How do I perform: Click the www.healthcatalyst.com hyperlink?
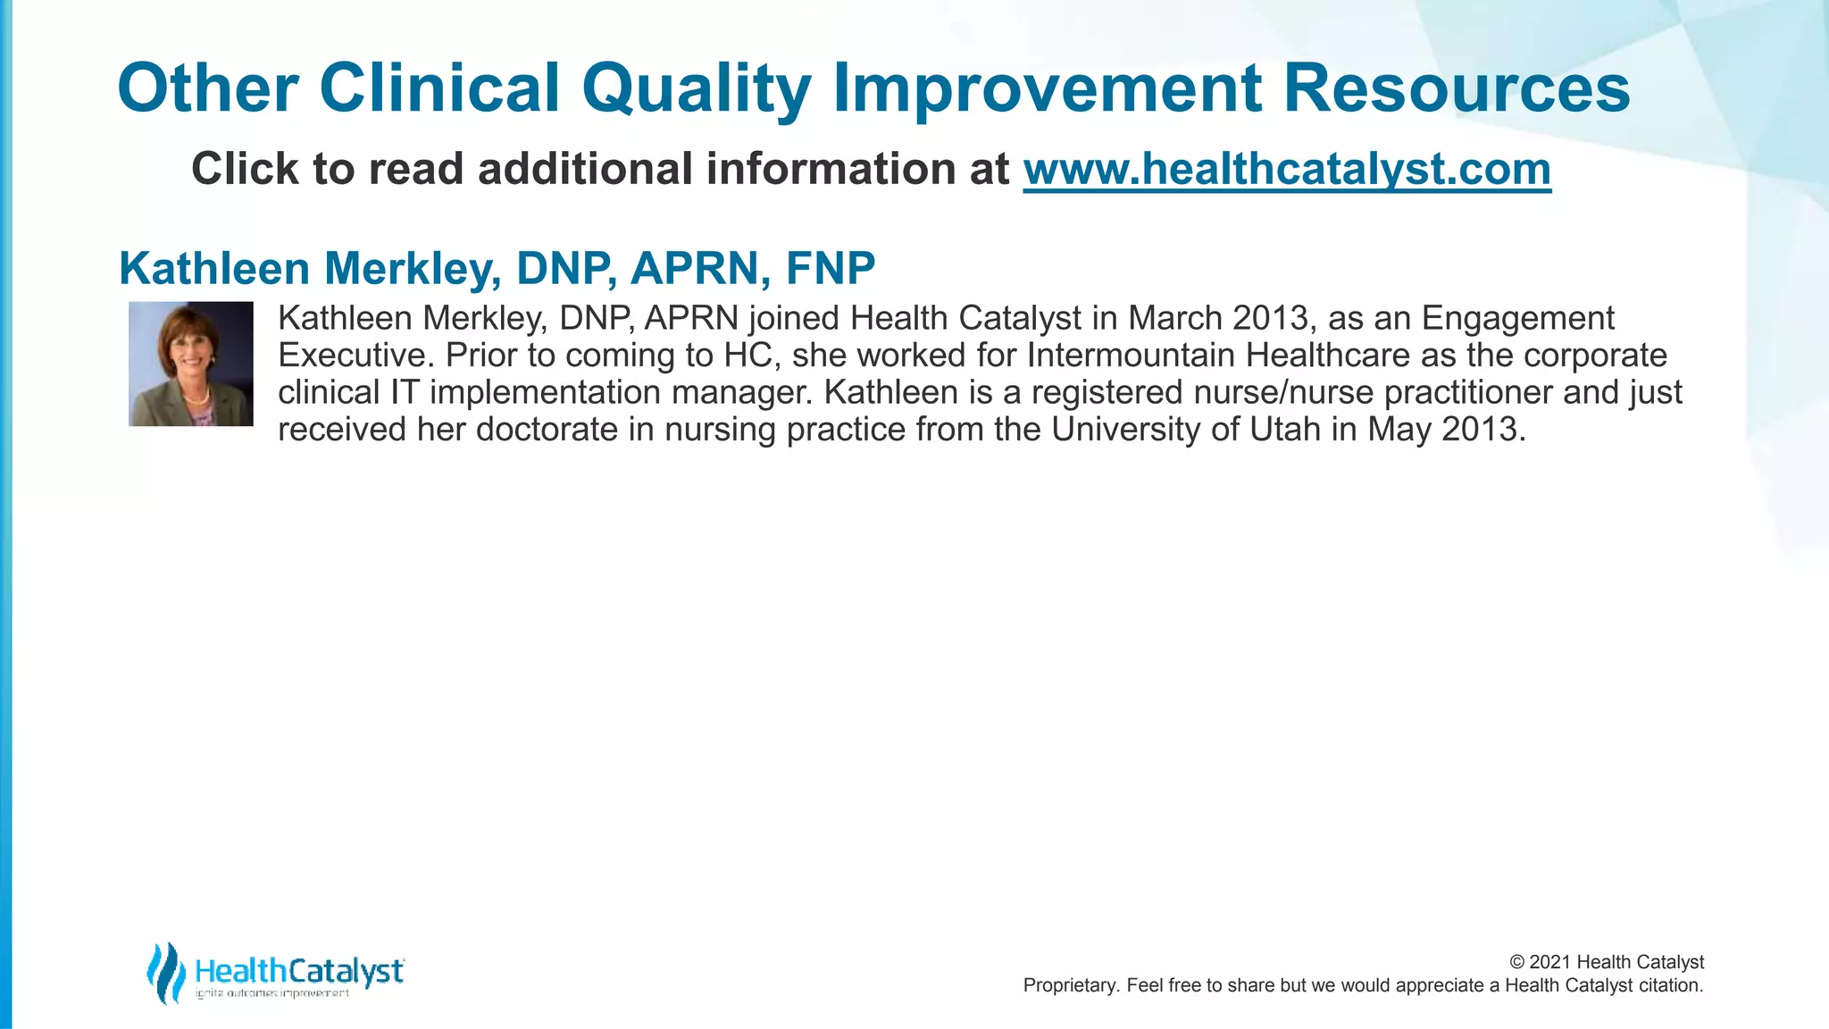tap(1287, 169)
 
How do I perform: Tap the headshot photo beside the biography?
tap(191, 364)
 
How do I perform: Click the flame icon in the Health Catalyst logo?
tap(165, 972)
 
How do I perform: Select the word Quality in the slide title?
tap(697, 88)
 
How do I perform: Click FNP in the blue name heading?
tap(831, 268)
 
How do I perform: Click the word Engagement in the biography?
tap(1517, 319)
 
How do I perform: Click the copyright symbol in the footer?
tap(1517, 962)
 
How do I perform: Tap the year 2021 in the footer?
tap(1550, 962)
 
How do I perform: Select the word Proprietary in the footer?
tap(1069, 985)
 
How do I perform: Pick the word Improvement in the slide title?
tap(1048, 88)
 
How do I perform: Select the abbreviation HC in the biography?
tap(747, 356)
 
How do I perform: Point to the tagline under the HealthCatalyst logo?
tap(272, 994)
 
